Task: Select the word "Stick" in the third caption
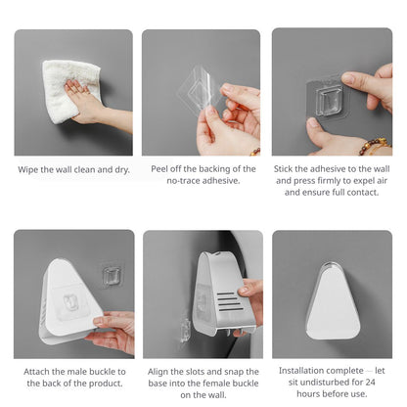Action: (284, 169)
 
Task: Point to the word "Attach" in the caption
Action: (36, 372)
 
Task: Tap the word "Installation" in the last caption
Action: (302, 371)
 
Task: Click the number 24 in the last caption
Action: (371, 382)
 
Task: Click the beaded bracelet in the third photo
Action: (375, 146)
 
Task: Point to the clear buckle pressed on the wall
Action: (329, 100)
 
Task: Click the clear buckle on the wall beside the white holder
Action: (112, 275)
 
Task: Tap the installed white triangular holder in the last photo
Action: (333, 300)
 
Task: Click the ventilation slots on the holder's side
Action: (229, 301)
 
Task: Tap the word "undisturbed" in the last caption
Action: (322, 382)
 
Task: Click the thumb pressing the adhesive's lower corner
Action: (320, 132)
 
